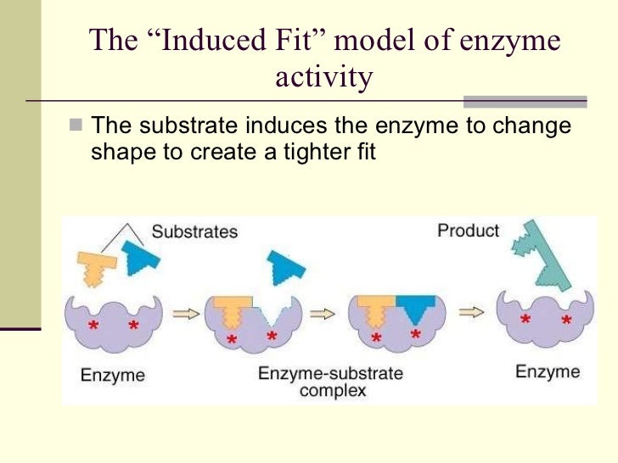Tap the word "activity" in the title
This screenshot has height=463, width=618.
coord(324,77)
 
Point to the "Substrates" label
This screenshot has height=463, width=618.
coord(194,231)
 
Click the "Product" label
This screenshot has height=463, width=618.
coord(468,230)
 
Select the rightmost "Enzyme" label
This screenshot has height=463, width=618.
coord(548,371)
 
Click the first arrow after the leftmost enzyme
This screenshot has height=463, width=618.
coord(185,313)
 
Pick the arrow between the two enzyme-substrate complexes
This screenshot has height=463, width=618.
coord(323,313)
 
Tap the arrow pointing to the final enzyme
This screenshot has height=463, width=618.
coord(470,312)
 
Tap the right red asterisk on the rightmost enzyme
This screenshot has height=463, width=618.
coord(566,321)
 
